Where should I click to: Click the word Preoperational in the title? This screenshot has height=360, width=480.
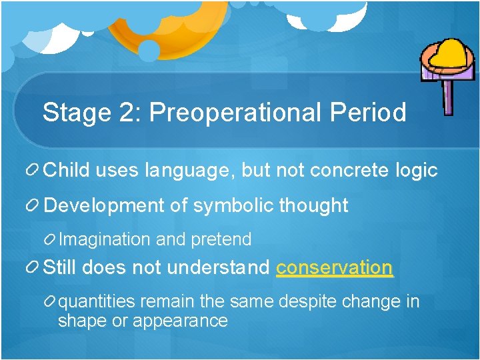tap(237, 113)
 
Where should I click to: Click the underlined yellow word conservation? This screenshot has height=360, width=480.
tap(335, 268)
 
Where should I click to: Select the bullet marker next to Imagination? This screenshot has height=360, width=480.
tap(49, 239)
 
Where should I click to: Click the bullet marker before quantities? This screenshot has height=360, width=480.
tap(49, 302)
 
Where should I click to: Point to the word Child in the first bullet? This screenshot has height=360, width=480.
tap(67, 170)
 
